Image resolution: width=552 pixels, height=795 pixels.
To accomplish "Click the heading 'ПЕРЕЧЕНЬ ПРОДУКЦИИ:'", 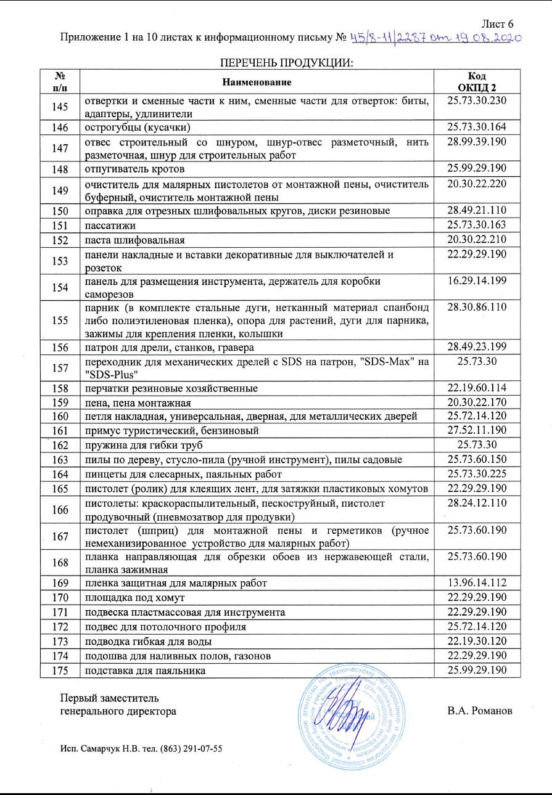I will tap(286, 62).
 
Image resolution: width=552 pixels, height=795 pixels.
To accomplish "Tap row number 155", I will tap(60, 320).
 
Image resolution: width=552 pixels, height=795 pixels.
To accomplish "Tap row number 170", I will tap(60, 597).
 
